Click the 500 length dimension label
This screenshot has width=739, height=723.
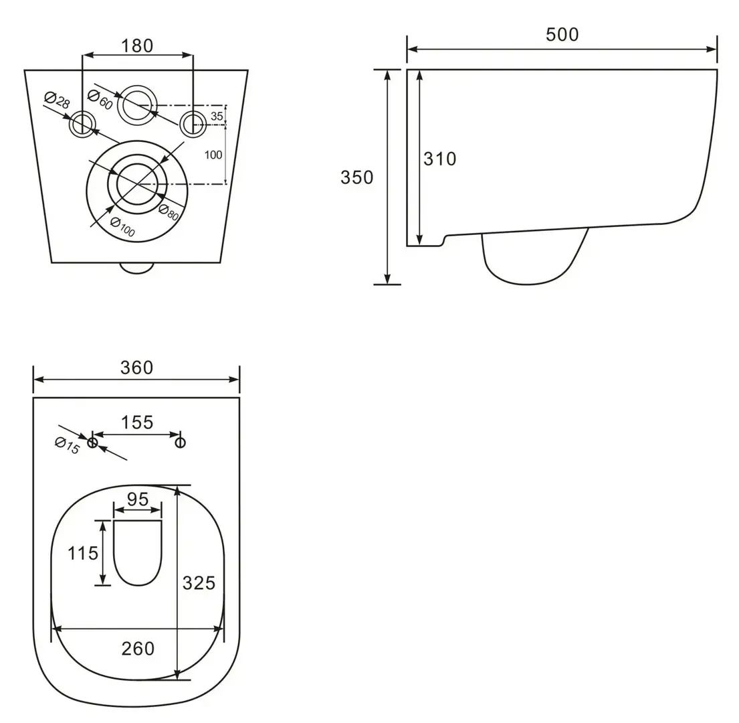pos(562,34)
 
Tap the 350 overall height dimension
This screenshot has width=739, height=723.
pos(356,177)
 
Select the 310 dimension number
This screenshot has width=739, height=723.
pos(440,159)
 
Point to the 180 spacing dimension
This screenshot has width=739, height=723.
pos(137,46)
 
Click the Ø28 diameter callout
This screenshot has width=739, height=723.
pos(57,100)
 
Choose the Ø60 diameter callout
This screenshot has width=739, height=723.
pos(100,100)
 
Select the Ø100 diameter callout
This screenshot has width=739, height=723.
pos(122,227)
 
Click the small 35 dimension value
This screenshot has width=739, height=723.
pos(217,116)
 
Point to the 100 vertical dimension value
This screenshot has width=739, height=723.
pos(213,155)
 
